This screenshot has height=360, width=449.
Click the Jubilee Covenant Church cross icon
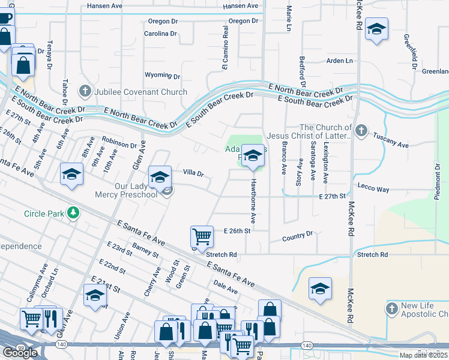pos(85,92)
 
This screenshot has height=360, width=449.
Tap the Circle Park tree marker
pos(73,213)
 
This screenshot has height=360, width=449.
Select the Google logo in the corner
pos(20,353)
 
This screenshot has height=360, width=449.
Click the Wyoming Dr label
pos(162,76)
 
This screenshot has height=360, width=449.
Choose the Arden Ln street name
pos(339,61)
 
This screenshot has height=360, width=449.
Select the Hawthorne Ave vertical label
pos(253,198)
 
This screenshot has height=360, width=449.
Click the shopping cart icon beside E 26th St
pos(202,235)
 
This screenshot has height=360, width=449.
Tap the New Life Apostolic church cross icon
pos(391,308)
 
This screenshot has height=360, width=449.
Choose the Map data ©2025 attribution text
pos(423,355)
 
